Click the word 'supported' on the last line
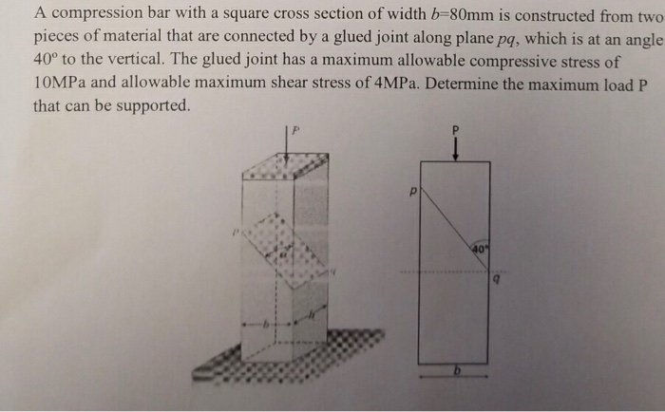150,104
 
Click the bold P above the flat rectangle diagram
454,128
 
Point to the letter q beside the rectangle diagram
495,280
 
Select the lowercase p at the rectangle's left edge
412,191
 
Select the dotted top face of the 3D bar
285,169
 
